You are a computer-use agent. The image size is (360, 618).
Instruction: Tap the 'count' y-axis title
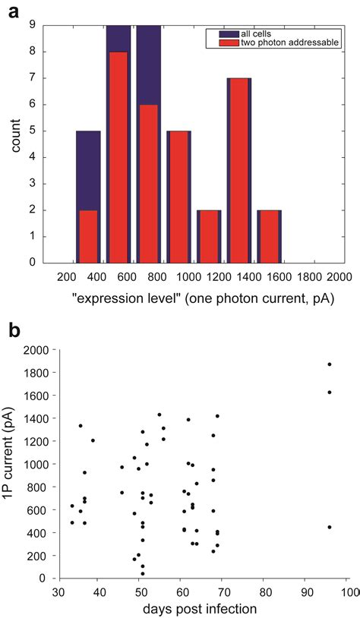click(15, 143)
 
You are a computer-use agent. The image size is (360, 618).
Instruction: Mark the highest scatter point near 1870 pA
click(329, 364)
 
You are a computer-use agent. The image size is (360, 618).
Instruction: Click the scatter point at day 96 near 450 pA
click(329, 527)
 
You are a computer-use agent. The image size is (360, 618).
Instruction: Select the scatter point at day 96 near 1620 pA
click(329, 393)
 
